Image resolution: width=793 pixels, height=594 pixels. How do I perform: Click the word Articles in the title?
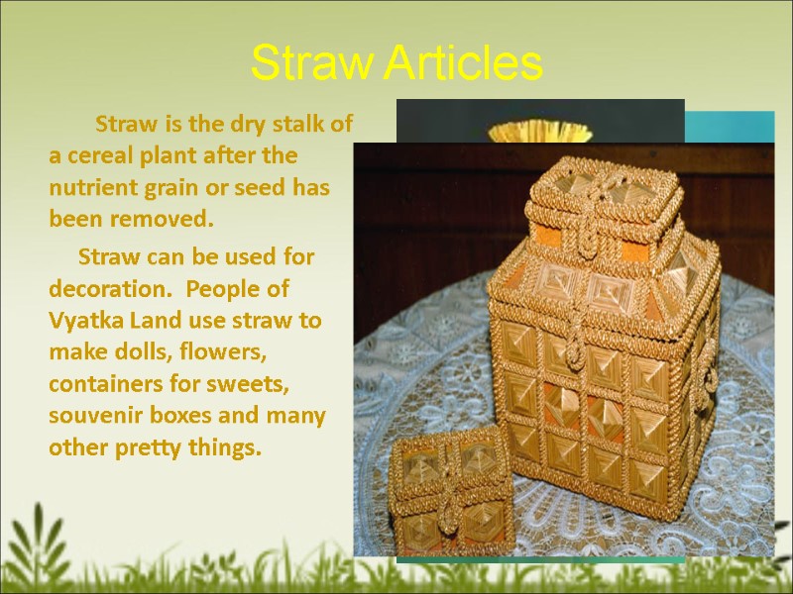[x=464, y=64]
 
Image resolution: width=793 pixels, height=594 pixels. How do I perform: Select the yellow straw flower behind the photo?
[x=539, y=131]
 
